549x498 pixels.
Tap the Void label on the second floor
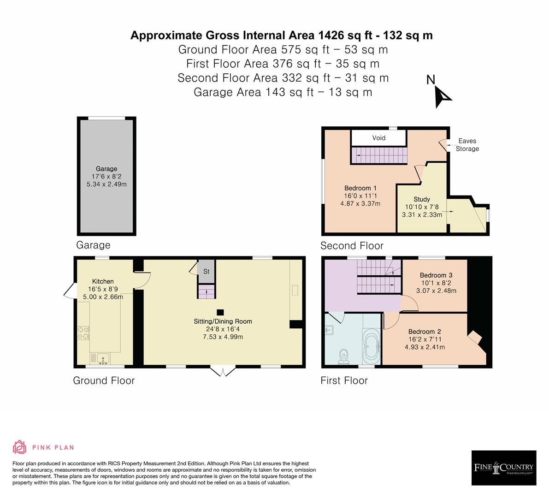[x=378, y=138]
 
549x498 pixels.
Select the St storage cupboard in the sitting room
[x=206, y=272]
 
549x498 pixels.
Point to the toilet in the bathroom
[x=343, y=356]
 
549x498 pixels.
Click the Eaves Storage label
[x=467, y=145]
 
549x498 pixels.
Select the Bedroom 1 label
[x=360, y=188]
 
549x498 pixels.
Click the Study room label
[x=421, y=200]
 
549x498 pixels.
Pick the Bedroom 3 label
[x=436, y=275]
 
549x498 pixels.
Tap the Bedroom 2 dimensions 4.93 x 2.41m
[x=425, y=347]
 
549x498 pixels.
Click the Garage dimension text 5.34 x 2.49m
[x=106, y=184]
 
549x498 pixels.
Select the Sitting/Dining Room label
[x=223, y=321]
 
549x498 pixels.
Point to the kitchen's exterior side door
[x=69, y=290]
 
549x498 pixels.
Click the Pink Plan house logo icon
[x=19, y=447]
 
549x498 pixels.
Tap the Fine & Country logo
[x=504, y=468]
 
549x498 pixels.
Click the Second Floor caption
[x=352, y=246]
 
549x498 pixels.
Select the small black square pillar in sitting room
[x=221, y=312]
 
